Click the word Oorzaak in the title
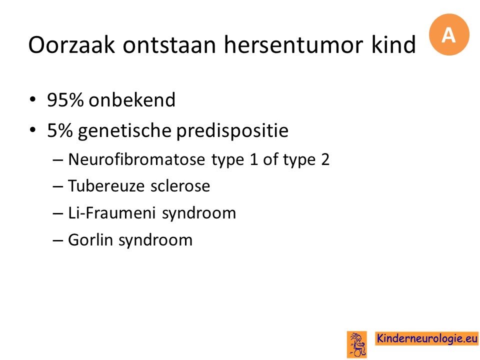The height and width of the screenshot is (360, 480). (71, 44)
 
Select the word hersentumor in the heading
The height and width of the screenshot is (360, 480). (293, 44)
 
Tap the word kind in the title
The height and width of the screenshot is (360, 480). (393, 44)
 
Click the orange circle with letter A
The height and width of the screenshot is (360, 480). (449, 34)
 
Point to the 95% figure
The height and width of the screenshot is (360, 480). (65, 100)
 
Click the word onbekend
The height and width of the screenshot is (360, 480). (132, 99)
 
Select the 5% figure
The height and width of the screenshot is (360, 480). (60, 130)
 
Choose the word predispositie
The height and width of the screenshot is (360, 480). (232, 130)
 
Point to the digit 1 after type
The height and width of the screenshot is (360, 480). (254, 160)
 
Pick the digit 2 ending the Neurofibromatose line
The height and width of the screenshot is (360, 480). (325, 160)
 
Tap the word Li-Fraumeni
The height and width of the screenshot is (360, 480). (111, 213)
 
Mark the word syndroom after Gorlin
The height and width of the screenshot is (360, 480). (155, 240)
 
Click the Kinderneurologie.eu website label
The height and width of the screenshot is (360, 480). (427, 338)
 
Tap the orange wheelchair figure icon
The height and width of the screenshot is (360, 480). (357, 344)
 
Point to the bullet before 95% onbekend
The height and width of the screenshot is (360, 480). (33, 100)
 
